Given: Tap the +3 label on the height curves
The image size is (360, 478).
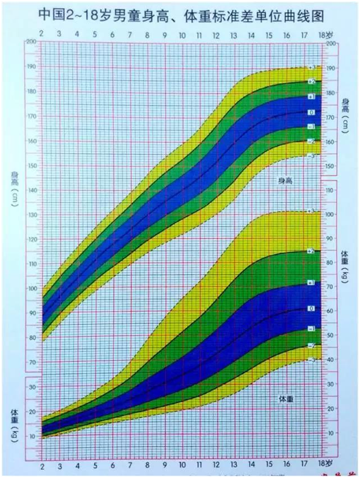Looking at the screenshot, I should (x=311, y=68).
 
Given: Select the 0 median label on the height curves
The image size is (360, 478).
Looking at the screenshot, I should (x=311, y=111).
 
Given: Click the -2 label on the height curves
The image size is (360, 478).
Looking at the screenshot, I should (x=311, y=141).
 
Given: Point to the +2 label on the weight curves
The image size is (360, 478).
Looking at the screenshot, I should (x=311, y=251).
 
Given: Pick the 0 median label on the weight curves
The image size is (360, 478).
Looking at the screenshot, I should (x=311, y=308).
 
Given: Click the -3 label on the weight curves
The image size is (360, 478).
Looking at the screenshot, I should (x=311, y=360).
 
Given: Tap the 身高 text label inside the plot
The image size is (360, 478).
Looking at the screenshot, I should (x=285, y=182).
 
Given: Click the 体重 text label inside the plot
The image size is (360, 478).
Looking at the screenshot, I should (x=285, y=398).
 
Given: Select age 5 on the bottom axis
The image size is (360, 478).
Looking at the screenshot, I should (x=95, y=465).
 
